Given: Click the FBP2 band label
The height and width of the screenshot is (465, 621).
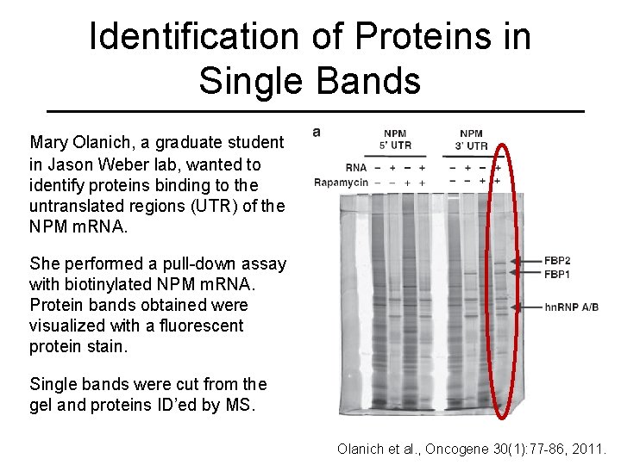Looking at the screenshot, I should [x=557, y=261].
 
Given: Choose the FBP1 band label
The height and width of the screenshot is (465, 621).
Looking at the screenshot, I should [x=557, y=274].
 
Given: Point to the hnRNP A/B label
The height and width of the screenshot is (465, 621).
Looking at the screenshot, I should [x=571, y=307].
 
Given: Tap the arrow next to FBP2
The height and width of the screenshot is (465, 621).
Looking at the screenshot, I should [x=525, y=261].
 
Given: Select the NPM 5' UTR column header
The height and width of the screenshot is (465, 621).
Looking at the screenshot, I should [x=395, y=139].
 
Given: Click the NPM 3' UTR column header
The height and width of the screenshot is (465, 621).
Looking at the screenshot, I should [x=471, y=139].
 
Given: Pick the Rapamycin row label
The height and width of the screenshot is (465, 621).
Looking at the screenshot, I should [x=341, y=183].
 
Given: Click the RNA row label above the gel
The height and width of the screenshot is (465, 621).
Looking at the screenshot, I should [x=355, y=168].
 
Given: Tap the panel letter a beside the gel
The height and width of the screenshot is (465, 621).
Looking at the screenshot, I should [x=317, y=132].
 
